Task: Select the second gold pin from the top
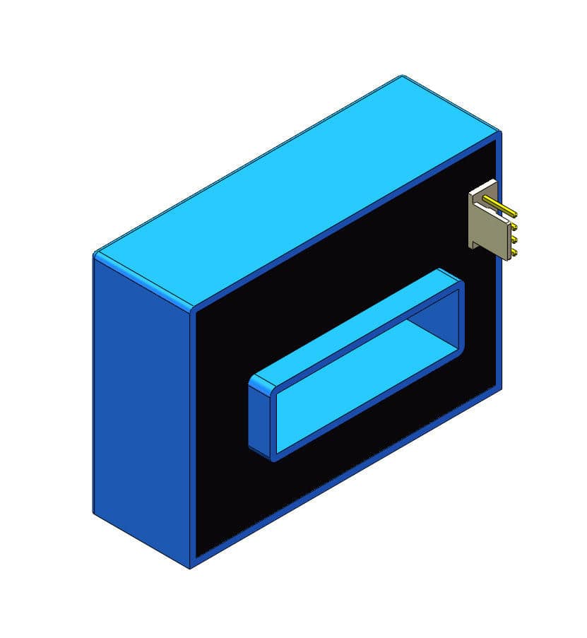click(x=514, y=228)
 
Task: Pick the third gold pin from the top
click(x=514, y=240)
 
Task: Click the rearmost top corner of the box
click(x=402, y=76)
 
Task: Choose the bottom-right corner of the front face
click(x=501, y=388)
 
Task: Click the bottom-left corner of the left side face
click(x=94, y=512)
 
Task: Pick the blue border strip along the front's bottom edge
click(x=346, y=478)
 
